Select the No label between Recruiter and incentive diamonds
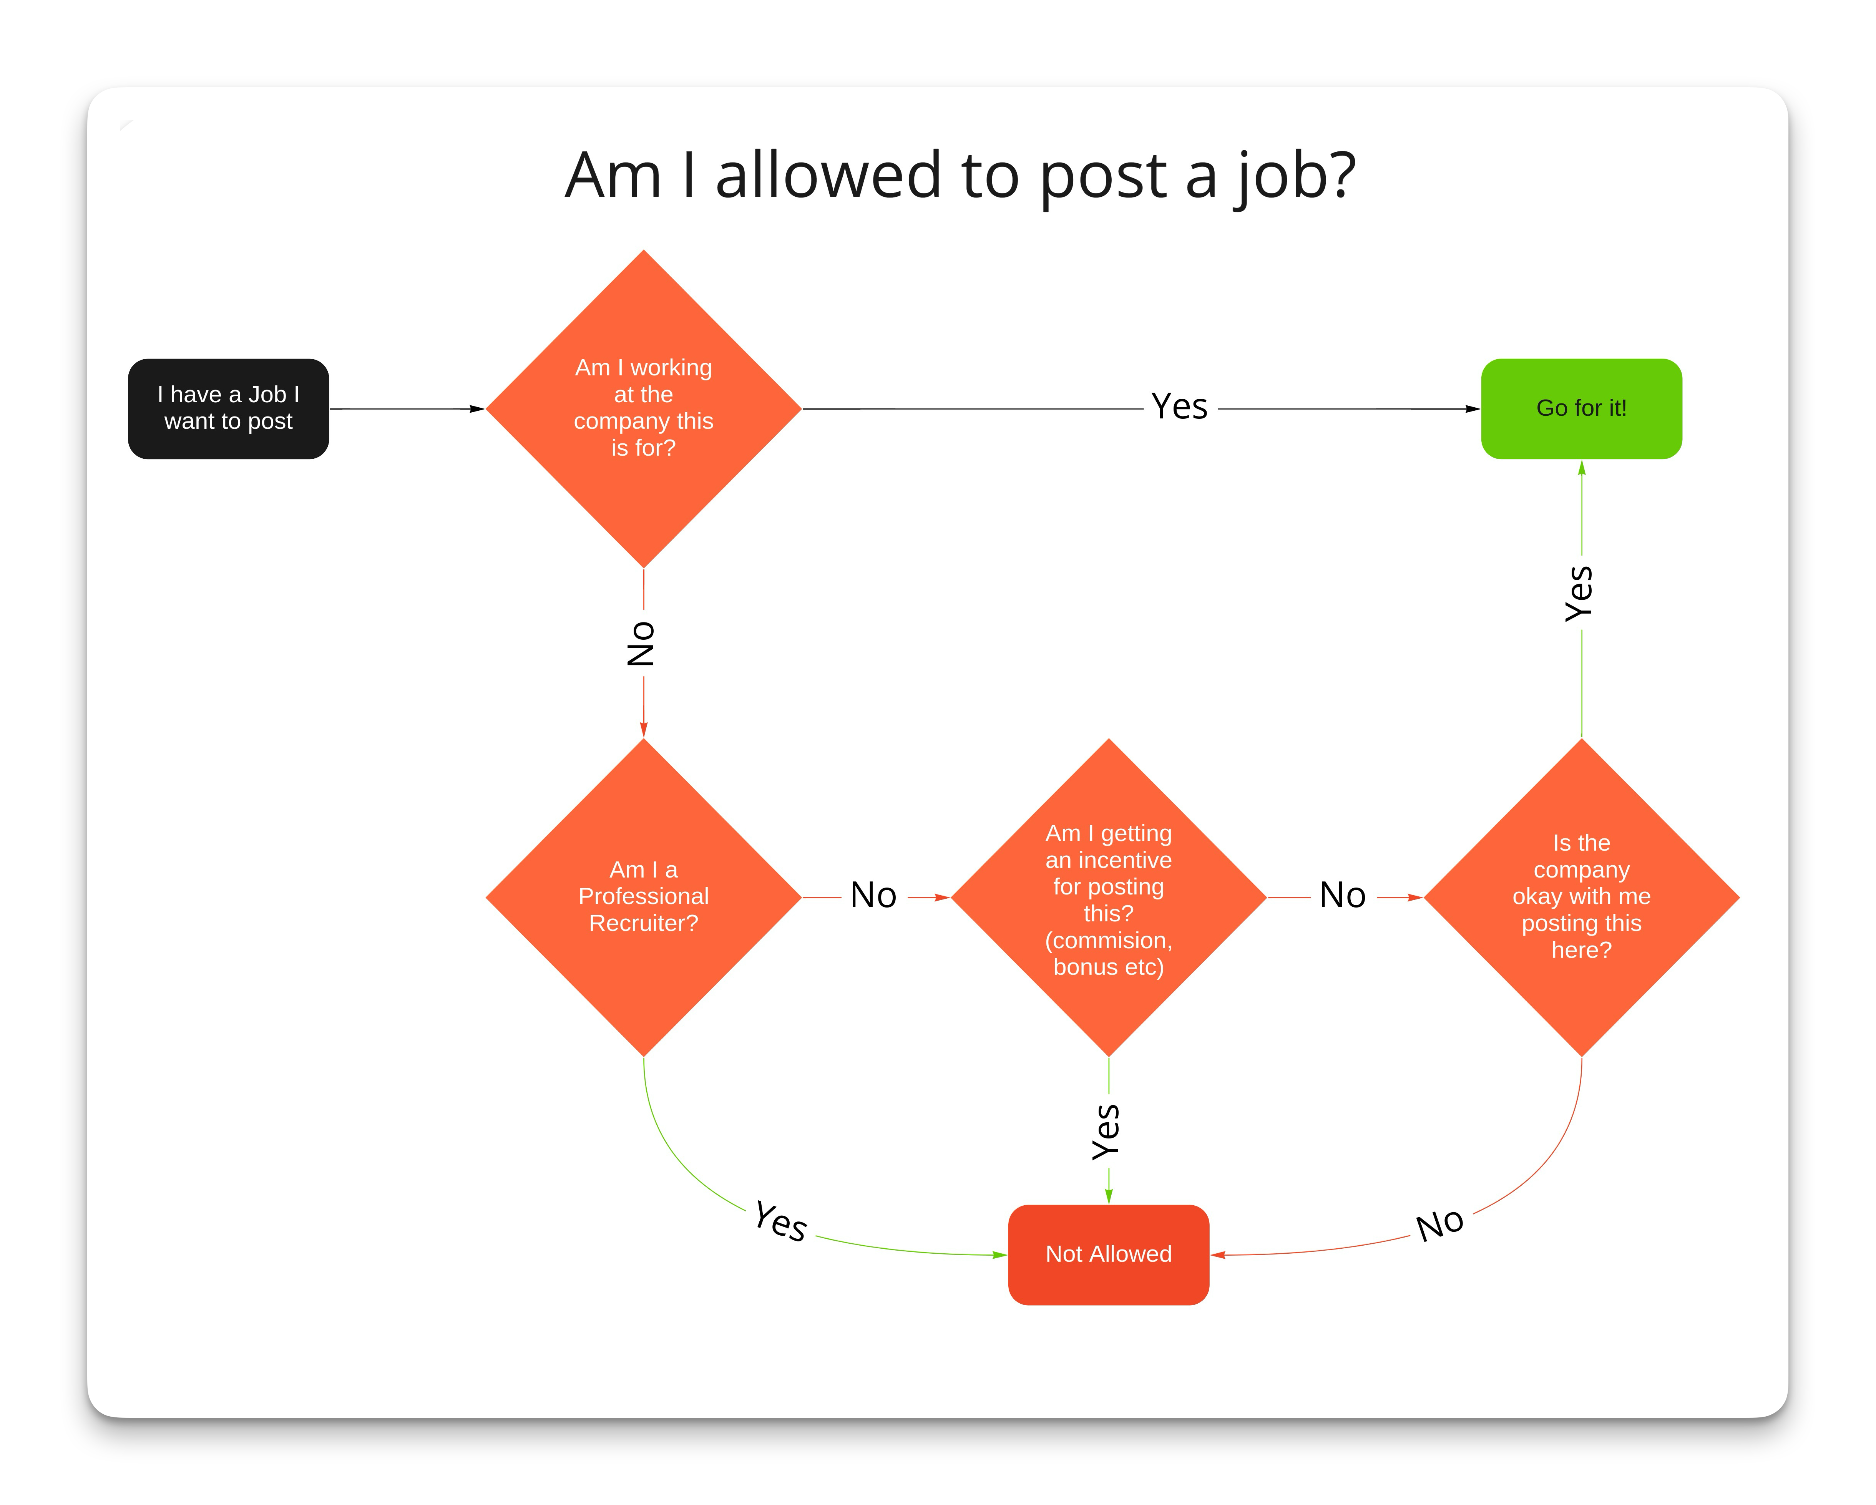pyautogui.click(x=873, y=895)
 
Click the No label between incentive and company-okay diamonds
pyautogui.click(x=1342, y=895)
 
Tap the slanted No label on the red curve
pyautogui.click(x=1440, y=1224)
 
